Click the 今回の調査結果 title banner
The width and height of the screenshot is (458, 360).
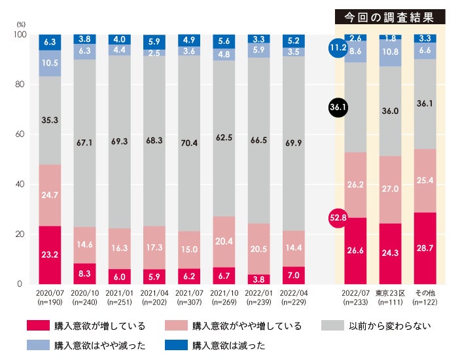click(390, 18)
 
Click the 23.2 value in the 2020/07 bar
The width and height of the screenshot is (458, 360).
click(50, 253)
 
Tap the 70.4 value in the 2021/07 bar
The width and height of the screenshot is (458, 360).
click(189, 143)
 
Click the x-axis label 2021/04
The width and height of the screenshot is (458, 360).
click(154, 295)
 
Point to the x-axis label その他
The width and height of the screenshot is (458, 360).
click(425, 295)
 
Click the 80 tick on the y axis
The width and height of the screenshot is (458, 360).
click(22, 84)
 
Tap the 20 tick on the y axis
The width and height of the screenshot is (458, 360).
click(22, 234)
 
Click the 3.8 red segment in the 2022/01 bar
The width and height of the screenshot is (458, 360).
click(258, 278)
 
